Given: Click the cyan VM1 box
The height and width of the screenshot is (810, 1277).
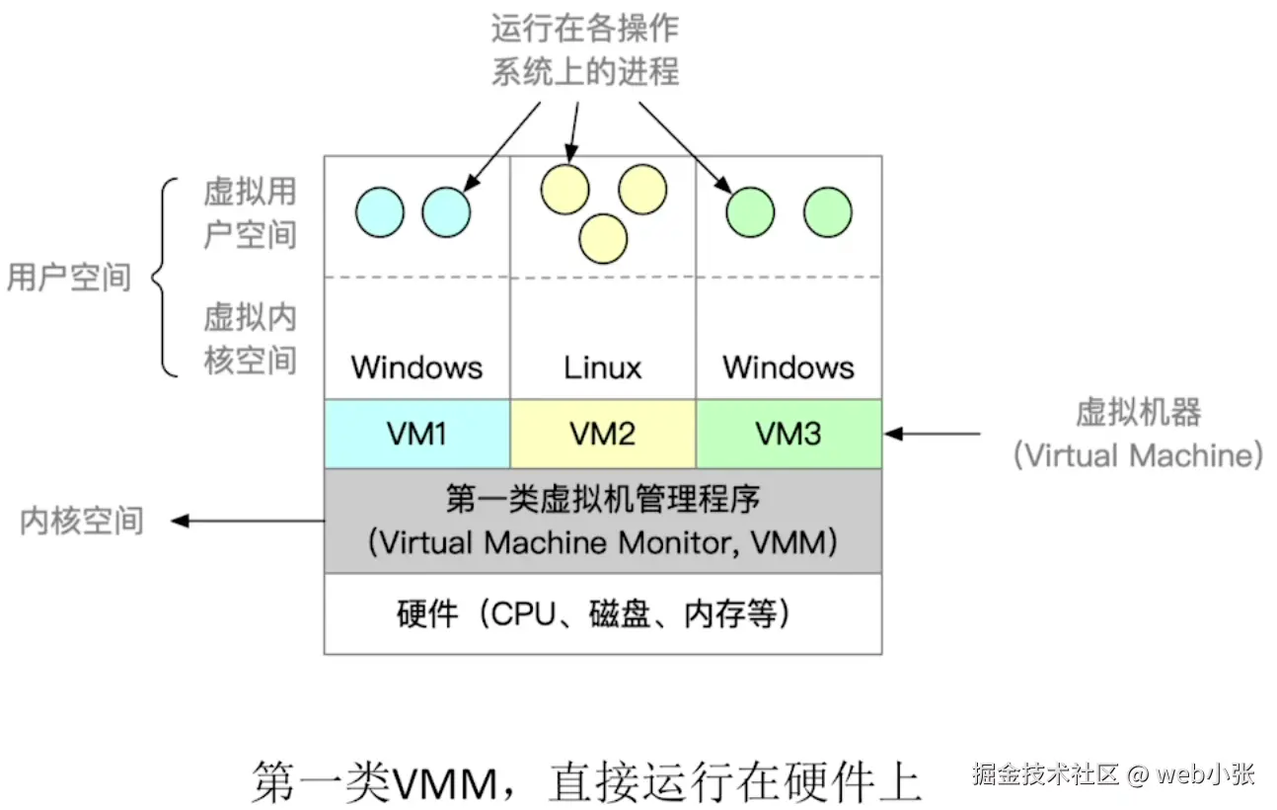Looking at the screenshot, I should tap(417, 434).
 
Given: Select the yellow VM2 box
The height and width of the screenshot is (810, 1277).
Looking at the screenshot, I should tap(603, 434).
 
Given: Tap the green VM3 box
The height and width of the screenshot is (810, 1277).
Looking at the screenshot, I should tap(789, 434).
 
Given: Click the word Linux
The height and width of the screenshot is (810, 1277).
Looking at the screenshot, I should tap(603, 368).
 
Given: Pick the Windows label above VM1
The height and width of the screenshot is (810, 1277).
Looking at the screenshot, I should tap(417, 368).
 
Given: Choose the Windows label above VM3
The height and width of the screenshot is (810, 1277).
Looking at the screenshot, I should tap(789, 368).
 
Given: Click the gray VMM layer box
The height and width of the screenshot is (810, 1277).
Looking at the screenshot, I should tap(603, 521).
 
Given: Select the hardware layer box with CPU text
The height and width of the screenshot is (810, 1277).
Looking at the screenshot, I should tap(603, 614).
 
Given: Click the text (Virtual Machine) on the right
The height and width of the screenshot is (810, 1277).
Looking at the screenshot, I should tap(1138, 455).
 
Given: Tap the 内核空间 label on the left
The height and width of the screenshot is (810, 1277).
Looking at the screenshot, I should tap(82, 521).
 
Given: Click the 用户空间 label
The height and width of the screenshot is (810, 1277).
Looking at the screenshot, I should tap(68, 278).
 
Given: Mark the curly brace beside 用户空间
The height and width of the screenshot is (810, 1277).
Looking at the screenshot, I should tap(166, 278).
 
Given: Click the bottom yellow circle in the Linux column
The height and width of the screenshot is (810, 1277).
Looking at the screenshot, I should tap(603, 238).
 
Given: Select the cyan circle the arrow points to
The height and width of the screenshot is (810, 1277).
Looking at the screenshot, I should tap(446, 212).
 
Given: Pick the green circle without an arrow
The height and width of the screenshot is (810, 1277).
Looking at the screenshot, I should tap(827, 212).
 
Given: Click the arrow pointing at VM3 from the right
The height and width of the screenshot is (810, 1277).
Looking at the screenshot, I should tap(933, 433).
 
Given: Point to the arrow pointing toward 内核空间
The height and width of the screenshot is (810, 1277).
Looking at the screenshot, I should tap(247, 521).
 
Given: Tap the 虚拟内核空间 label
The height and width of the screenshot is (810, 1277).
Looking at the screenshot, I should tap(250, 338).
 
